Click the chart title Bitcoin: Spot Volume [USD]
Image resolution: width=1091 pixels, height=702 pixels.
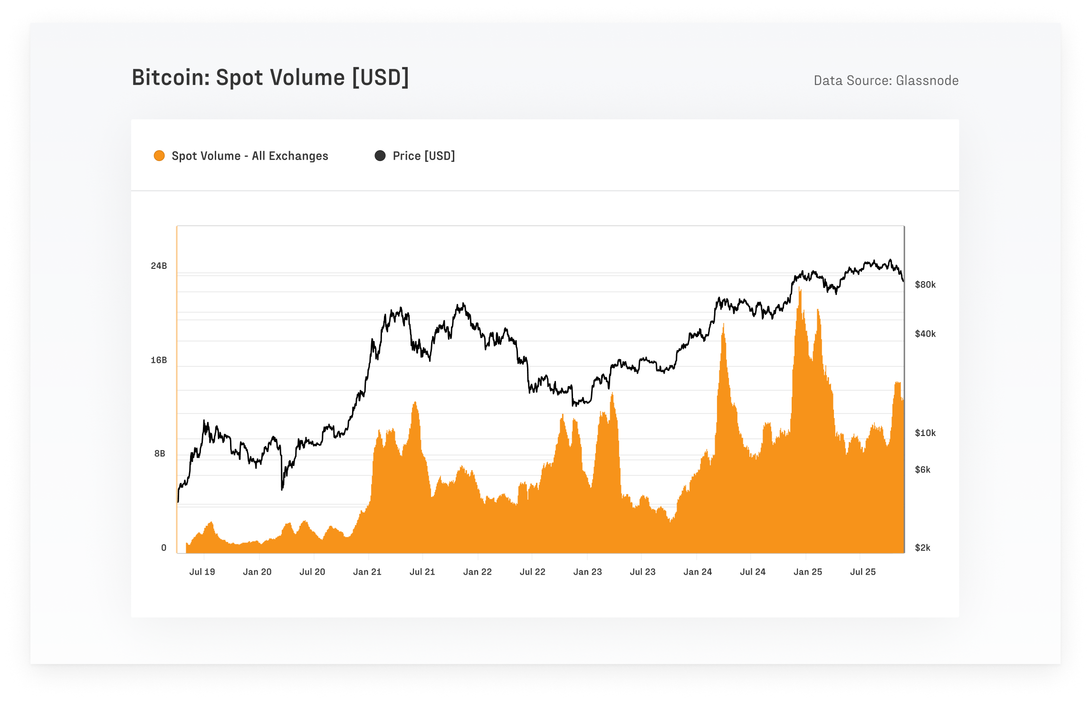270,77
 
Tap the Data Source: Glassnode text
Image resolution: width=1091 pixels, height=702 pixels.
886,81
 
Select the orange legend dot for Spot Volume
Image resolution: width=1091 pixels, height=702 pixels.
159,156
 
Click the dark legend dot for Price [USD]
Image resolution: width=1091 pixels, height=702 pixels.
380,156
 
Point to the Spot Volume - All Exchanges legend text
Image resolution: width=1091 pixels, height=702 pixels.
249,156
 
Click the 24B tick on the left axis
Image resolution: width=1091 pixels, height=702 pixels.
159,266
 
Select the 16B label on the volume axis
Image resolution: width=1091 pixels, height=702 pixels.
159,360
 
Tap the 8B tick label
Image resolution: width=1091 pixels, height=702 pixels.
160,454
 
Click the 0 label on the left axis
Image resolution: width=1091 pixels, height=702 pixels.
163,548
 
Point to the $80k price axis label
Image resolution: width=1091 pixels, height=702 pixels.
925,285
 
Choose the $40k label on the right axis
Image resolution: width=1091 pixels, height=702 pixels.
925,334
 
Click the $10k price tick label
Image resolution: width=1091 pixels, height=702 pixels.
925,433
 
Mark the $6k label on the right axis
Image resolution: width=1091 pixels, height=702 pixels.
922,470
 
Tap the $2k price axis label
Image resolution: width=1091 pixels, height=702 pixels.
922,548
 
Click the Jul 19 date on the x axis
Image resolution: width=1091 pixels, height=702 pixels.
202,572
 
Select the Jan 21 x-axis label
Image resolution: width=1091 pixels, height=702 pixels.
367,572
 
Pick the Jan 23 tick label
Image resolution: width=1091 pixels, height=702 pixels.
587,572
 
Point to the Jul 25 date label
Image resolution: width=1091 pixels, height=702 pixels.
862,572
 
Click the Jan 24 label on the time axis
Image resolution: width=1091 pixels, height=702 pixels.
698,572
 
